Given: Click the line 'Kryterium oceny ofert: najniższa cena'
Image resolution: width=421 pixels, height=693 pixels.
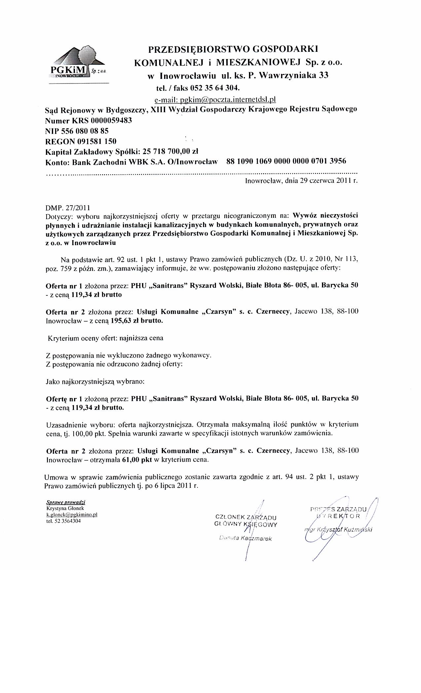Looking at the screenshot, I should point(106,338).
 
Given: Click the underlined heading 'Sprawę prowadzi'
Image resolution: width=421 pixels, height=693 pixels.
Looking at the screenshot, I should point(66,503).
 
